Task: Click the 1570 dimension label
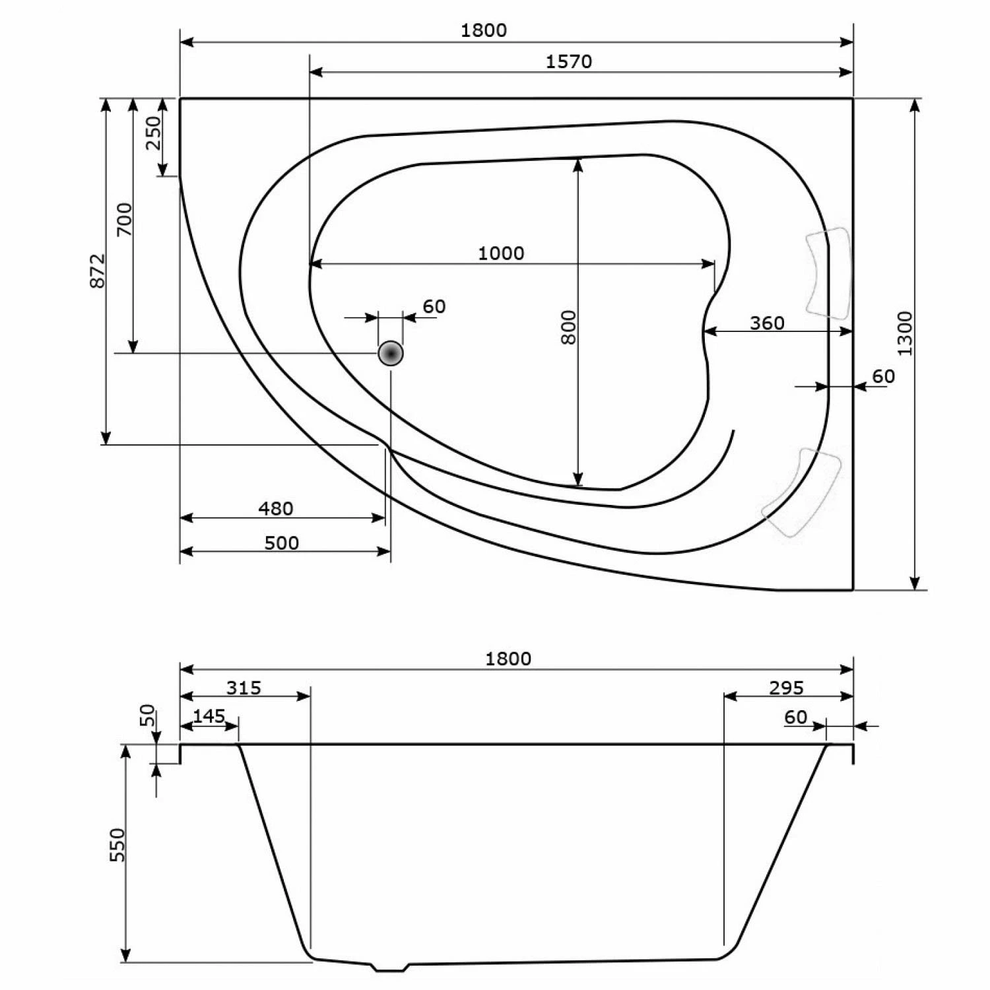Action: click(x=569, y=61)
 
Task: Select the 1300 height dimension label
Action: click(x=905, y=333)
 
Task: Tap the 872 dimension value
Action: click(x=97, y=271)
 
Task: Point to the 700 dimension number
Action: click(x=124, y=220)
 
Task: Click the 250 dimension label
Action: click(x=153, y=133)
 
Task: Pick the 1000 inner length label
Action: click(x=501, y=253)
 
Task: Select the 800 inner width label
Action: click(x=568, y=327)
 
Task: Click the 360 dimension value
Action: click(x=767, y=323)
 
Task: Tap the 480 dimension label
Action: click(x=275, y=509)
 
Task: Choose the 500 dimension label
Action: click(x=281, y=543)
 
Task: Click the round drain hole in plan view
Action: click(x=391, y=354)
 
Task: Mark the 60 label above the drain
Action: click(x=434, y=307)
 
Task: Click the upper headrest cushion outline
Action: click(x=828, y=273)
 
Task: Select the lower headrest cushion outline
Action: click(x=802, y=492)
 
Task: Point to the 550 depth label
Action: click(x=117, y=845)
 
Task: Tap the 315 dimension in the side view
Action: click(x=244, y=688)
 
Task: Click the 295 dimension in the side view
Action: click(x=787, y=688)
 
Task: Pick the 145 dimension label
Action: click(x=209, y=716)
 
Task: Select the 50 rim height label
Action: click(x=148, y=715)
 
